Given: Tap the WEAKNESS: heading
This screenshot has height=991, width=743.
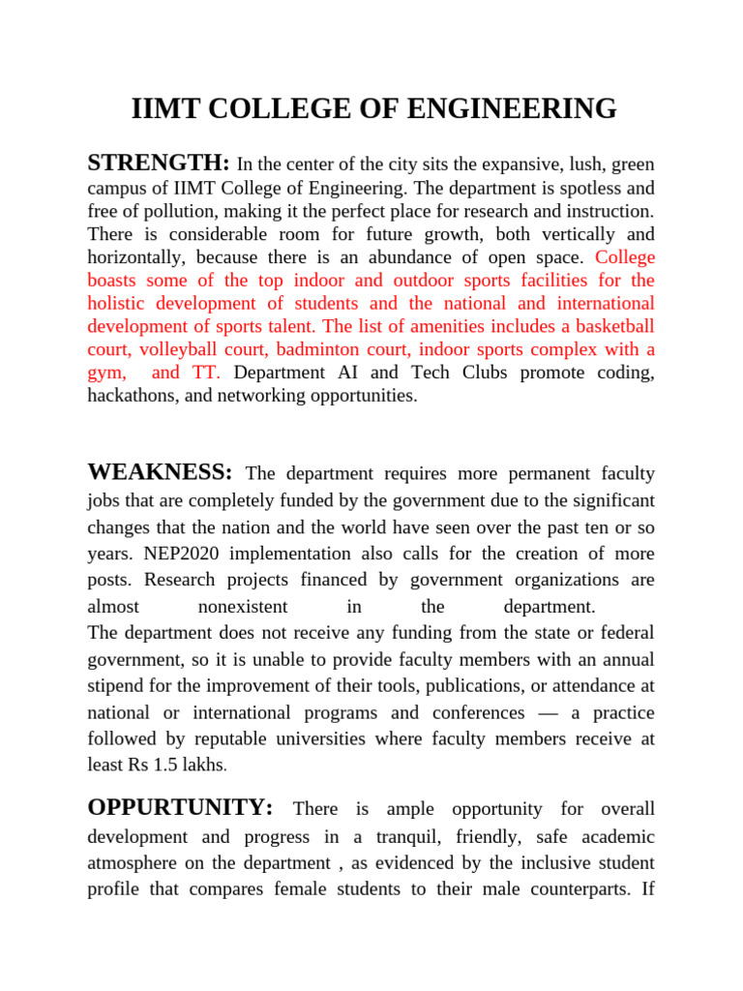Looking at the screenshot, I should point(160,472).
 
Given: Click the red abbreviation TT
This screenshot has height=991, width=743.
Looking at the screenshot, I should point(207,373).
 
